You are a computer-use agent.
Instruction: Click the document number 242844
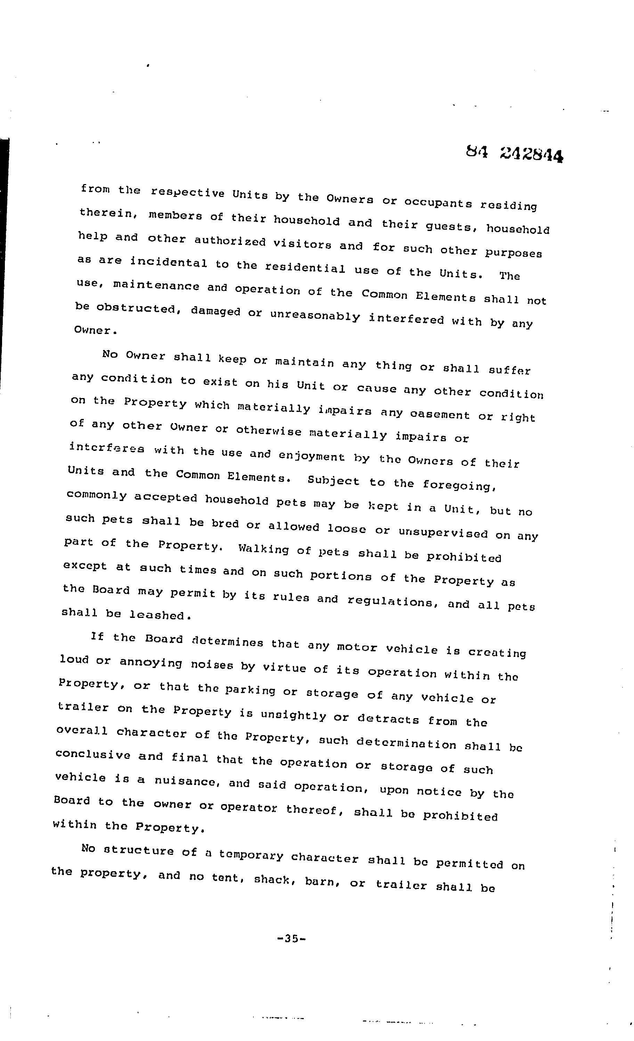[x=532, y=155]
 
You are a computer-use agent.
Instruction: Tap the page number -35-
[x=291, y=938]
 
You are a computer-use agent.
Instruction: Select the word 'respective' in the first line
[x=187, y=192]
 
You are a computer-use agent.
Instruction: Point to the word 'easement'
[x=440, y=414]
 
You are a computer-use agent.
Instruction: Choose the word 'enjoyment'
[x=311, y=456]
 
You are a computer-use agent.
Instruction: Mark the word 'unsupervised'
[x=443, y=532]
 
